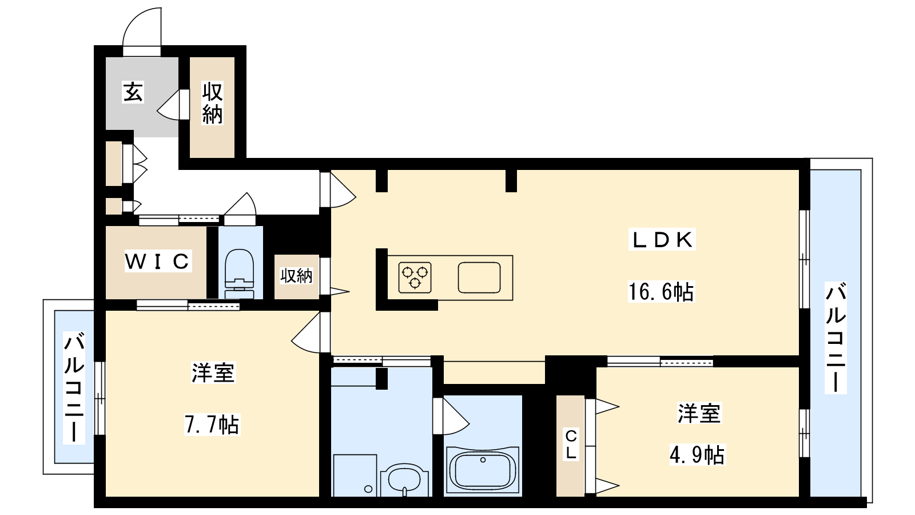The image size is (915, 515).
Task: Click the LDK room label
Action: (662, 240)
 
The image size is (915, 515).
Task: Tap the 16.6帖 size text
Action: (661, 292)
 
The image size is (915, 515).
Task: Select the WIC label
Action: (157, 261)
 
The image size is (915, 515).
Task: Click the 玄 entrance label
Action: (134, 92)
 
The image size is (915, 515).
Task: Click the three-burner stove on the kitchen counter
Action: (415, 278)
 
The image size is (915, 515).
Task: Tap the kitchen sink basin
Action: (479, 278)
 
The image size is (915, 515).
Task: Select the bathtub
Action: (483, 472)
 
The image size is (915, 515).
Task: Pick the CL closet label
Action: (571, 444)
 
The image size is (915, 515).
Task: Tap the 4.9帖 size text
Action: (697, 454)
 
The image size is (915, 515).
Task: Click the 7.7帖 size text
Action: (212, 424)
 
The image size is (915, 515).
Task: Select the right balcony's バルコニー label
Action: (836, 338)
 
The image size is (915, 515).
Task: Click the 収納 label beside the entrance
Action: (212, 103)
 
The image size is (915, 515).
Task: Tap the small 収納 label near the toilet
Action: (297, 276)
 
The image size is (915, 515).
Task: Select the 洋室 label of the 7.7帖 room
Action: (213, 373)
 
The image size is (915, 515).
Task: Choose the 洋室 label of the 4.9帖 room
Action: (699, 413)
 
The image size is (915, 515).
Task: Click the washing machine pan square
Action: (355, 476)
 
